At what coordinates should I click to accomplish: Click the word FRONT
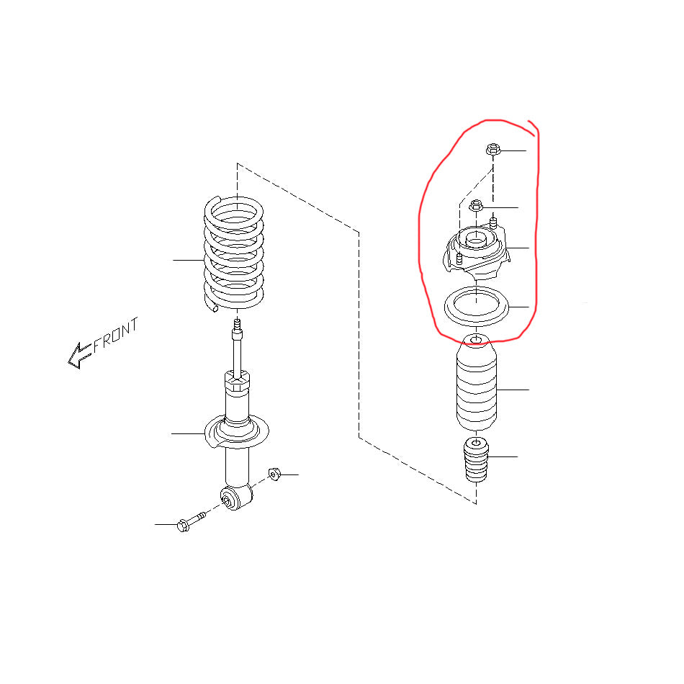pos(116,334)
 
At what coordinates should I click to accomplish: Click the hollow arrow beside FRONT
pos(79,355)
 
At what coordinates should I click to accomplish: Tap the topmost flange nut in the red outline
pos(492,150)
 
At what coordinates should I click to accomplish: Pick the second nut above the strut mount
pos(477,205)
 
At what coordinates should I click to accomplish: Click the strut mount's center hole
pos(477,240)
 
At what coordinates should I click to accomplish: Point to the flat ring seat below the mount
pos(477,306)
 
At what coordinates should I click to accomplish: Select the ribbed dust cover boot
pos(477,382)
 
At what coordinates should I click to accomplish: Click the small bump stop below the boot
pos(475,460)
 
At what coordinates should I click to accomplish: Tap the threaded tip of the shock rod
pos(237,325)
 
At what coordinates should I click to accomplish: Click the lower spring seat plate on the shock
pos(236,432)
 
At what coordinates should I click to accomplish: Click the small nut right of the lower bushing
pos(274,474)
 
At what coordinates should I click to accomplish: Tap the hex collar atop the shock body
pos(237,381)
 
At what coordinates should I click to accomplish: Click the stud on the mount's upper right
pos(494,223)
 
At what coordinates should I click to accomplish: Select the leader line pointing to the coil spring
pos(189,260)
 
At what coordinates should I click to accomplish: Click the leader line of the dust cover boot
pos(513,390)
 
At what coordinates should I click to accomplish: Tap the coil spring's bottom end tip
pos(214,307)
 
